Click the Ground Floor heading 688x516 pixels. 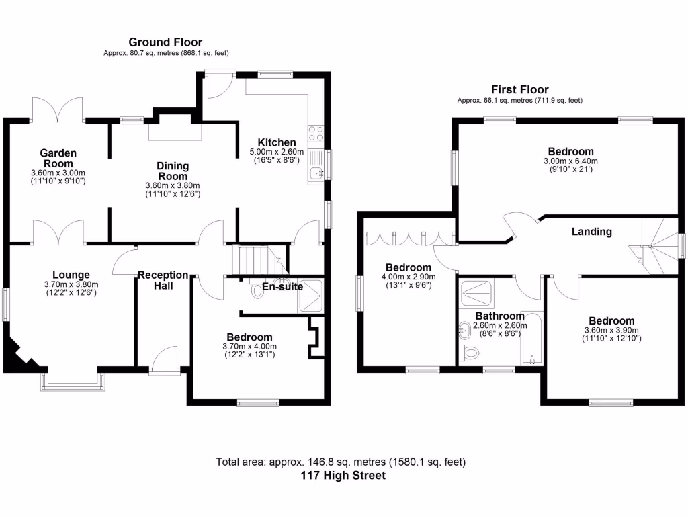[x=165, y=42]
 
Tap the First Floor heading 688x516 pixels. [x=519, y=89]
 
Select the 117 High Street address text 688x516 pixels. [x=343, y=476]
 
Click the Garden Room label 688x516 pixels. [x=59, y=158]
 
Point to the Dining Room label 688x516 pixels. [x=173, y=171]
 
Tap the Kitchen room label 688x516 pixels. [x=277, y=142]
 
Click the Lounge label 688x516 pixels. [x=71, y=274]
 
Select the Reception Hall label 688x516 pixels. [x=163, y=280]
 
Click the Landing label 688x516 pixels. [x=591, y=232]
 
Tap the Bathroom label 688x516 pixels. [x=500, y=316]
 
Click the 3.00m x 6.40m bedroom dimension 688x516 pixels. [x=570, y=161]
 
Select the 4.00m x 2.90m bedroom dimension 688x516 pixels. [x=408, y=277]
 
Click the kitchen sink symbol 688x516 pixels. [x=316, y=174]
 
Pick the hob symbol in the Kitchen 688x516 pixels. [x=315, y=134]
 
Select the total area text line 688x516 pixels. [x=341, y=462]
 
